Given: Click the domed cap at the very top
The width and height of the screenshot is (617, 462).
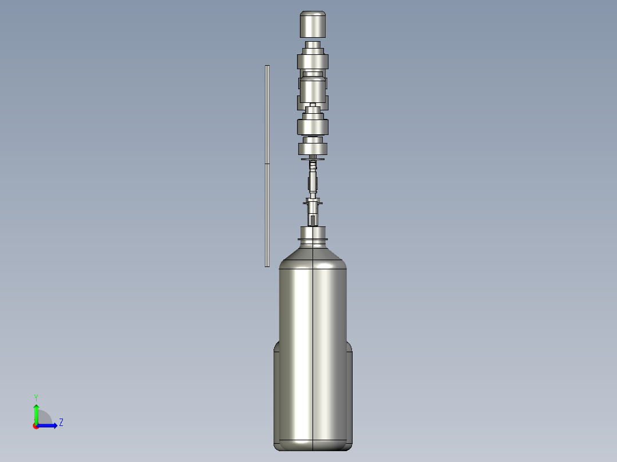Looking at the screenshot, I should point(313,24).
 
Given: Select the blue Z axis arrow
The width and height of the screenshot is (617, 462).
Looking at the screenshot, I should point(48,425).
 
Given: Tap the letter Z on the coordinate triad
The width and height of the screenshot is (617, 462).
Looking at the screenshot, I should point(61,423).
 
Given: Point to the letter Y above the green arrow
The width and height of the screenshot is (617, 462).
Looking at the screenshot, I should point(36,397).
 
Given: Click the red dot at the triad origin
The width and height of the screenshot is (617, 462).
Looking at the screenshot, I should point(36,425).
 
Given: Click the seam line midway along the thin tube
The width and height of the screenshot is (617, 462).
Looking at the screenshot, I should point(267,164).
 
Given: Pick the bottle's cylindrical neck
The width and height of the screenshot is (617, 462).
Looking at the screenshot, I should point(313,232).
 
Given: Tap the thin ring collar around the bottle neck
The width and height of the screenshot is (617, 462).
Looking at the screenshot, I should point(313,238).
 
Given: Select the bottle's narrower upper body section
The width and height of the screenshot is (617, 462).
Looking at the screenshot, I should point(313,303).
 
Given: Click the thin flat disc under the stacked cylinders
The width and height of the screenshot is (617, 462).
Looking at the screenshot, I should point(313,160).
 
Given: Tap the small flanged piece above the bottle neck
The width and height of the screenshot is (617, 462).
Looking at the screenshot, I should point(313,202).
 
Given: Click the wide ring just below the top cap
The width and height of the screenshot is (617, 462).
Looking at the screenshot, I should point(313,61).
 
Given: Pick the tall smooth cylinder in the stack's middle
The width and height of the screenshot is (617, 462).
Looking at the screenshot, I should point(313,90).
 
